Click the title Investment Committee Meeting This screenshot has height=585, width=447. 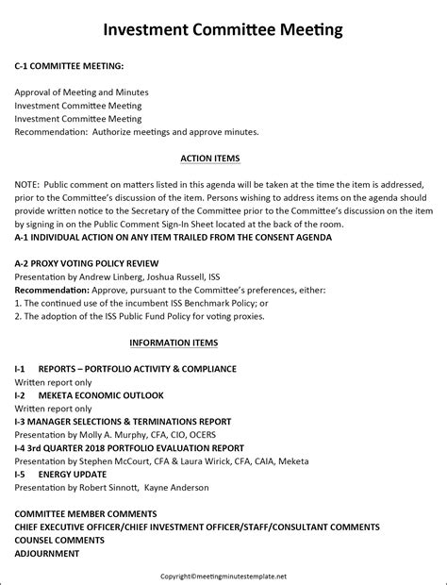pos(223,30)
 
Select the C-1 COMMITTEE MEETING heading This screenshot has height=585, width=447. pos(69,69)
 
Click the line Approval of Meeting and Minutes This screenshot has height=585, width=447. pos(81,92)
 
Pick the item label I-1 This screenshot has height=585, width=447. pos(20,368)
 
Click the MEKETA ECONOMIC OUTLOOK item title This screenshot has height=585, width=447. pos(101,394)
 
